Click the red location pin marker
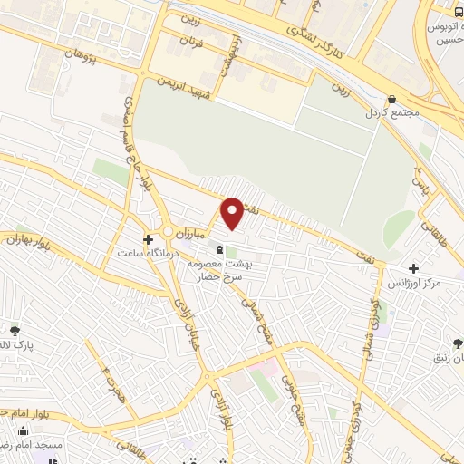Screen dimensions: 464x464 coord(233,213)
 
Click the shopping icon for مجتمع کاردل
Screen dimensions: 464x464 coord(391,99)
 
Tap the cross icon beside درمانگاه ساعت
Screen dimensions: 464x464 coord(147,238)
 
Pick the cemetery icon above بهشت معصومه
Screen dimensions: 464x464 coord(218,248)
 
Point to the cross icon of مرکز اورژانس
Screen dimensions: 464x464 coord(414,268)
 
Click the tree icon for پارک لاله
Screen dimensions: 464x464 coord(14,330)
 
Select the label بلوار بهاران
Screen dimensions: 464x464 coord(25,240)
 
